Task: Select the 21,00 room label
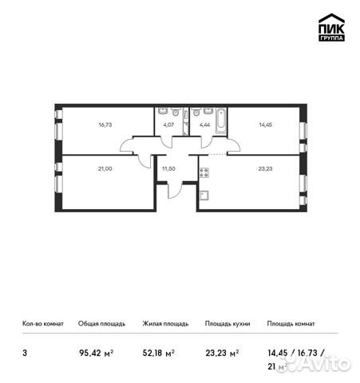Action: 105,168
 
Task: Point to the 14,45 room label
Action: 264,124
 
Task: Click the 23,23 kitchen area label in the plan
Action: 264,168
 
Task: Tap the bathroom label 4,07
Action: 168,124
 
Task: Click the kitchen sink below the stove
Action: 204,194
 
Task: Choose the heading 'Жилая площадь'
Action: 164,324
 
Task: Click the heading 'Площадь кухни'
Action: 227,324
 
